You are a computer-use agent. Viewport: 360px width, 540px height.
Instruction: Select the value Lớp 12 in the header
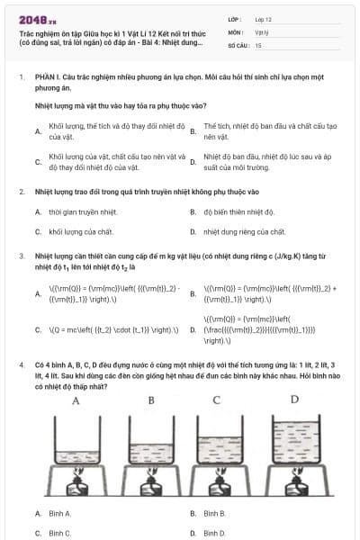[264, 18]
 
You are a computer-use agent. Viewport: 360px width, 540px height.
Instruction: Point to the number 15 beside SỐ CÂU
[258, 44]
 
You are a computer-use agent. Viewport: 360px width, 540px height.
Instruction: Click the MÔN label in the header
[236, 31]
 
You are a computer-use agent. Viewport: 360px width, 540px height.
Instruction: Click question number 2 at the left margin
[22, 192]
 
